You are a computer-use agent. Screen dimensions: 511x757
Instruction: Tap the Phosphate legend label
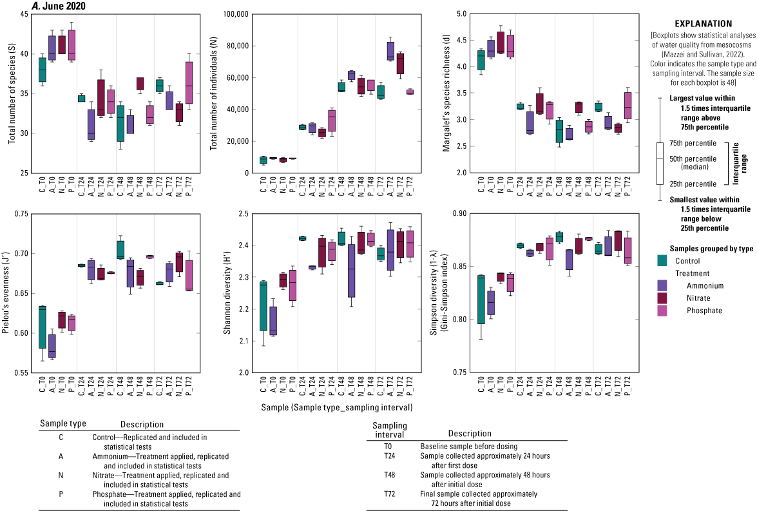tap(704, 310)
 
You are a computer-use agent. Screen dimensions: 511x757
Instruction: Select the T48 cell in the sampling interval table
tap(383, 475)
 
